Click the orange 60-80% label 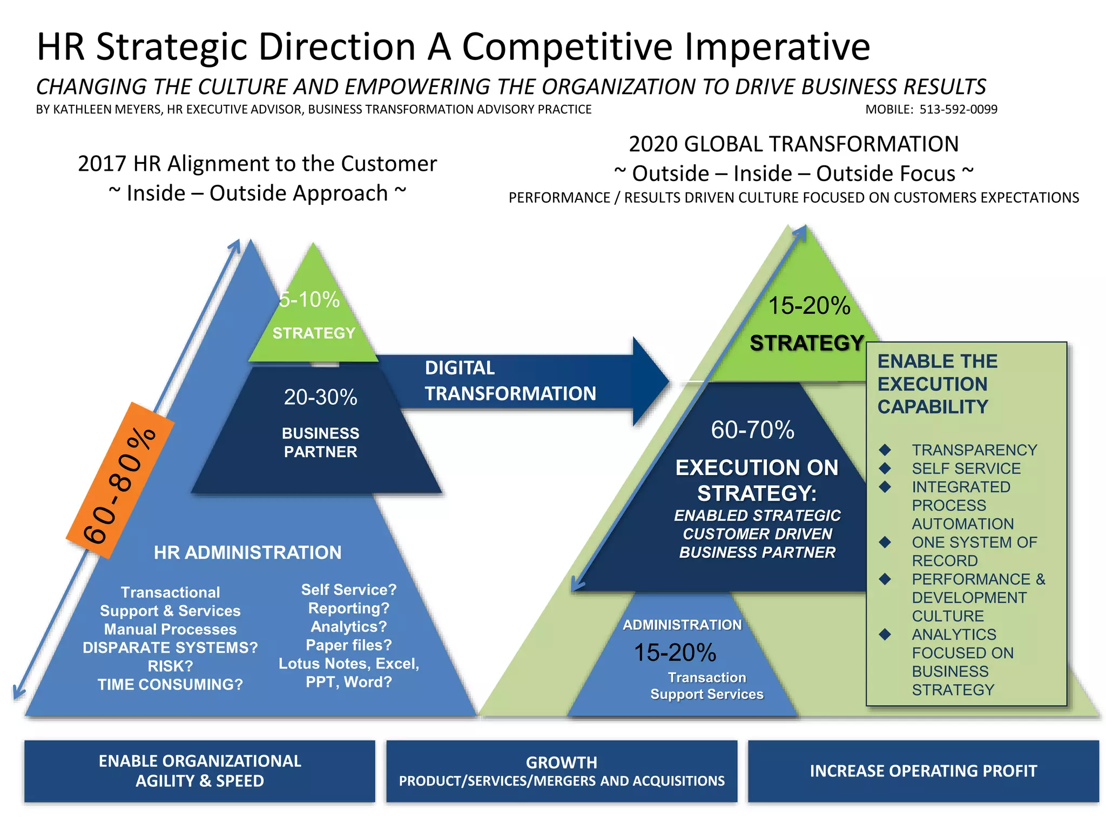pyautogui.click(x=120, y=481)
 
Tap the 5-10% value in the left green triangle pyautogui.click(x=309, y=300)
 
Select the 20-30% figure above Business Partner pyautogui.click(x=320, y=398)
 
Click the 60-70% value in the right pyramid pyautogui.click(x=752, y=430)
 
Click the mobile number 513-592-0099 pyautogui.click(x=958, y=110)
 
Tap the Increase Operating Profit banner pyautogui.click(x=923, y=771)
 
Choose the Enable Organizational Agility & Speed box pyautogui.click(x=200, y=771)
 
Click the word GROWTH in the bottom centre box pyautogui.click(x=562, y=762)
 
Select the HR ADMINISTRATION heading pyautogui.click(x=247, y=553)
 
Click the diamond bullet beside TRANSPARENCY pyautogui.click(x=885, y=450)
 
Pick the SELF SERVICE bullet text pyautogui.click(x=966, y=468)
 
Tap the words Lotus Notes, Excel pyautogui.click(x=349, y=664)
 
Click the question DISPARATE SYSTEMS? pyautogui.click(x=170, y=647)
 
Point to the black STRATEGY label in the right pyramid pyautogui.click(x=807, y=343)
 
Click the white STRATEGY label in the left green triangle pyautogui.click(x=314, y=333)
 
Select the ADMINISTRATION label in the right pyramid pyautogui.click(x=682, y=625)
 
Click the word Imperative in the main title pyautogui.click(x=777, y=47)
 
